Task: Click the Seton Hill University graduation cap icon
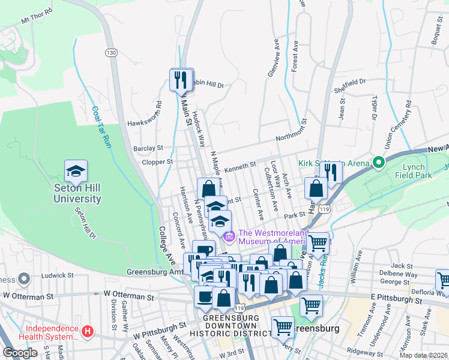(x=76, y=172)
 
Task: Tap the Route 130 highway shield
(x=110, y=52)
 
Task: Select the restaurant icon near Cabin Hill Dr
(x=182, y=79)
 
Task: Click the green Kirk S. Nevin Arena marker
(x=378, y=163)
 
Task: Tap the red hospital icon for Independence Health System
(x=88, y=331)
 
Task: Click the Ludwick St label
(x=58, y=276)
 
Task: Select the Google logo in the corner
(x=20, y=352)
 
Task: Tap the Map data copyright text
(x=423, y=355)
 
